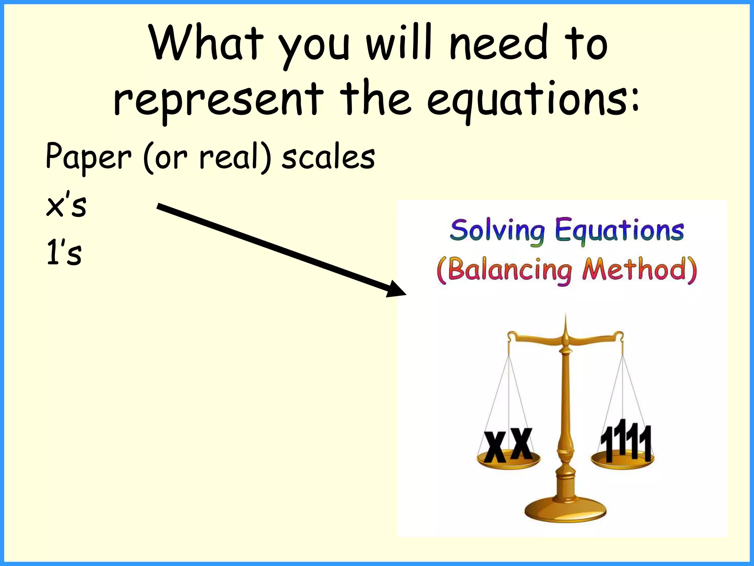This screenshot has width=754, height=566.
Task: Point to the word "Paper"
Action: pyautogui.click(x=88, y=157)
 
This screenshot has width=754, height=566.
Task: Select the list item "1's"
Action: pyautogui.click(x=64, y=252)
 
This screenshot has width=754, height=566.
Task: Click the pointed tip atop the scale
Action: pyautogui.click(x=565, y=318)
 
